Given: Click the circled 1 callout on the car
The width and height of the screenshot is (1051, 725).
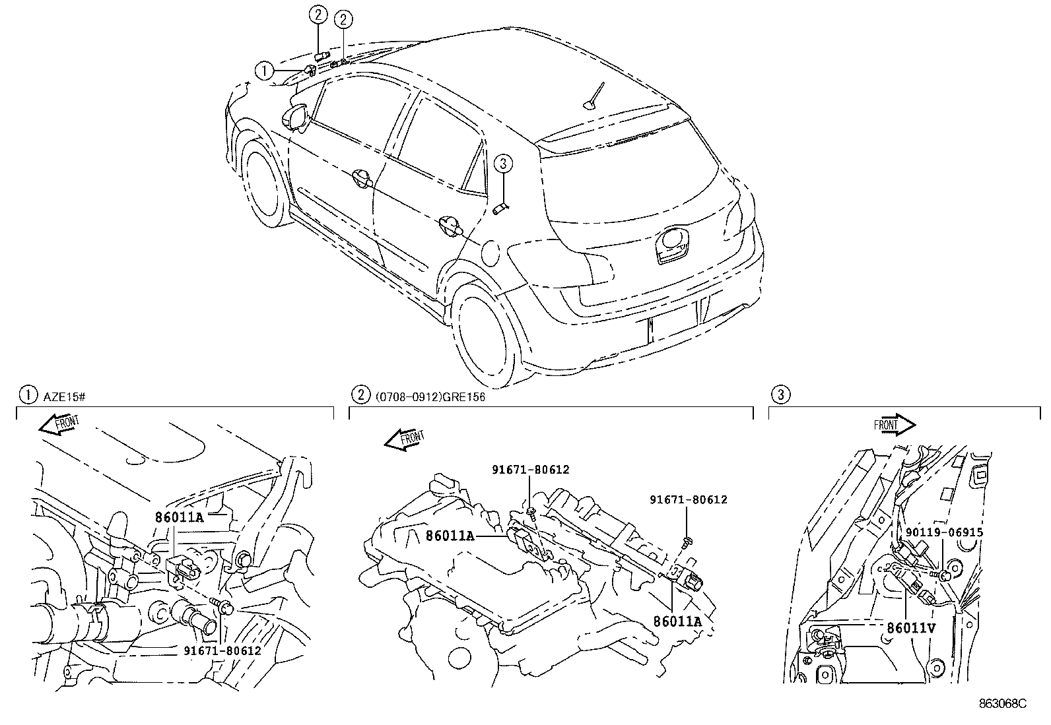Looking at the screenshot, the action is tap(265, 71).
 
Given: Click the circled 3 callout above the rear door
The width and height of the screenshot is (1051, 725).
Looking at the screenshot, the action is tap(503, 164).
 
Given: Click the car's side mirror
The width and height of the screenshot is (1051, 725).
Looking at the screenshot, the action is tap(296, 116).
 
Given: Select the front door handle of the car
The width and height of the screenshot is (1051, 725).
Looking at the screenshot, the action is tap(362, 178).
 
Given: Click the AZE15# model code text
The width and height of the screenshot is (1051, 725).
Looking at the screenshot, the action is tap(64, 397).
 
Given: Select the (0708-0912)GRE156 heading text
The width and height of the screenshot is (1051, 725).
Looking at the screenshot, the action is tap(430, 397).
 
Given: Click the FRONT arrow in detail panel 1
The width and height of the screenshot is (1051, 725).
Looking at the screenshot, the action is tap(59, 424).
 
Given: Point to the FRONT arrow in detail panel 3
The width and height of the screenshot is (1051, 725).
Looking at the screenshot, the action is tap(895, 425).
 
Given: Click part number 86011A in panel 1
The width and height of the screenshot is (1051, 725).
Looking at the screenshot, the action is tap(180, 517).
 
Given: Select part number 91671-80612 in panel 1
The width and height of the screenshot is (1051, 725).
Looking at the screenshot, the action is tap(222, 651).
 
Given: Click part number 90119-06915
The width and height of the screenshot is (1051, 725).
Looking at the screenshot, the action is tap(944, 532).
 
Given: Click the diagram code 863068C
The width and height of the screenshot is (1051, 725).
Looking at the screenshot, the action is tap(1003, 703).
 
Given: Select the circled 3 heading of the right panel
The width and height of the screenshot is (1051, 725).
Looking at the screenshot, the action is tap(781, 394).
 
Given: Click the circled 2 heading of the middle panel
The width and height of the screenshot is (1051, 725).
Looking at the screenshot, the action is tap(361, 394).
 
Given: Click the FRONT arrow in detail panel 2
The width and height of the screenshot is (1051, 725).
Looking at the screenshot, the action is tap(405, 439).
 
